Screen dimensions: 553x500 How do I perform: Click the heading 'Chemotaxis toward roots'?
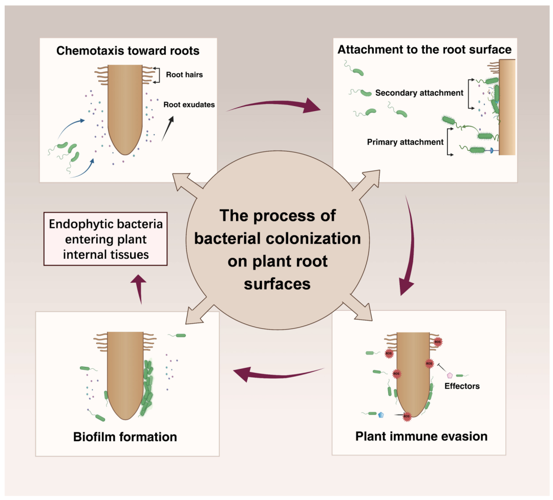click(x=127, y=51)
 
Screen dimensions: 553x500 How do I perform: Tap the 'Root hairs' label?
click(x=184, y=75)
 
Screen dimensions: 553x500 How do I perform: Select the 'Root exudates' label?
click(x=189, y=105)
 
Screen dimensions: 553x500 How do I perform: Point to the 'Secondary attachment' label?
click(x=419, y=93)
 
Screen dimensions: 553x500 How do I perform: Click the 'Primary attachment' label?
click(x=405, y=142)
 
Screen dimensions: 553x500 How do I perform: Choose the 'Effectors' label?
click(x=462, y=386)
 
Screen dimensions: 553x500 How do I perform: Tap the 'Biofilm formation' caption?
click(x=125, y=437)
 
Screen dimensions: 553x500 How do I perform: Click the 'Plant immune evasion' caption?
click(x=421, y=436)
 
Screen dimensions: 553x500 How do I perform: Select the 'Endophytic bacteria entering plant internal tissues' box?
click(x=105, y=239)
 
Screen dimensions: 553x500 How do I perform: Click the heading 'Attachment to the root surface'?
click(x=424, y=50)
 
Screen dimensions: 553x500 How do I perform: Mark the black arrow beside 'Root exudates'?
click(x=167, y=129)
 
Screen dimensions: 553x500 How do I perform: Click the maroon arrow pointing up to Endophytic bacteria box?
click(x=139, y=289)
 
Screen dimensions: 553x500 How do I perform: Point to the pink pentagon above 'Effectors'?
click(x=450, y=376)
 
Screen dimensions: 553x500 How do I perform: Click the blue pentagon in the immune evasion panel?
click(x=381, y=415)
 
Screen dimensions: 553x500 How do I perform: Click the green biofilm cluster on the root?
click(x=147, y=386)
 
